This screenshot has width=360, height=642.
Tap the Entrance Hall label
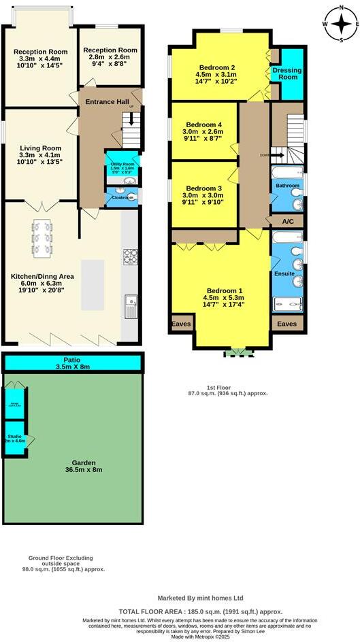tap(106, 101)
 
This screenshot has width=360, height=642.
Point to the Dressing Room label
tap(285, 73)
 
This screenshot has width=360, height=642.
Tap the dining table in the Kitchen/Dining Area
tap(42, 239)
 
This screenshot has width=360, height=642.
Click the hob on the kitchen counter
tap(130, 256)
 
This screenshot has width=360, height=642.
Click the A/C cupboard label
tap(287, 222)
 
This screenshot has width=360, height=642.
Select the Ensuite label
tap(284, 273)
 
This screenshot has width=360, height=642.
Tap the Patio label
tap(73, 360)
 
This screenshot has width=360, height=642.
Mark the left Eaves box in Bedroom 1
tap(181, 324)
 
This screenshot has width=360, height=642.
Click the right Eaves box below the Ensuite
tap(287, 324)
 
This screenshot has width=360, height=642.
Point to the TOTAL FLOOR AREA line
tap(201, 611)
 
